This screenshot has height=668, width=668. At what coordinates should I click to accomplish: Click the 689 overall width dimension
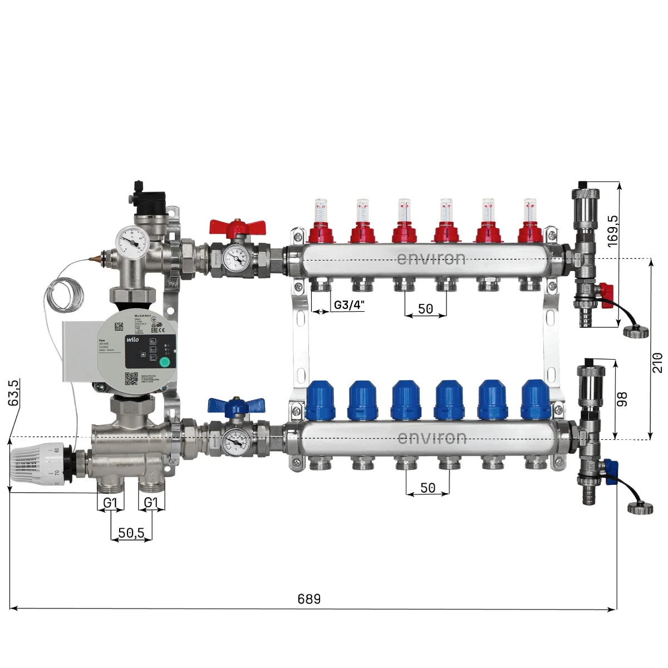[309, 599]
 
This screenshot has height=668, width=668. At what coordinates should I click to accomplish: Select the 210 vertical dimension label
[657, 362]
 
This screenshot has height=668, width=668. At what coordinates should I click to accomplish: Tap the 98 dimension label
[622, 399]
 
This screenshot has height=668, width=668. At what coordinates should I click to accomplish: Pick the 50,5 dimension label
[131, 533]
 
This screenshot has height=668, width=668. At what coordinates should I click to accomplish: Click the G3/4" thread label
[349, 305]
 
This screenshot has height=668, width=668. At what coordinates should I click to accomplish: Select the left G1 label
[110, 503]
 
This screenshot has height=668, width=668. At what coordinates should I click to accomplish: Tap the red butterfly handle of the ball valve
[238, 227]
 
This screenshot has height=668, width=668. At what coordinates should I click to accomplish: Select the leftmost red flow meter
[321, 223]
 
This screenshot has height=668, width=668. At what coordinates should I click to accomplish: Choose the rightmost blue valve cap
[536, 400]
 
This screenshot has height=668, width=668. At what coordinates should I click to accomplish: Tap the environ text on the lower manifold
[432, 438]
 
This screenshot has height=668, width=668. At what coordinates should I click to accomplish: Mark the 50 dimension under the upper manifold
[425, 309]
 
